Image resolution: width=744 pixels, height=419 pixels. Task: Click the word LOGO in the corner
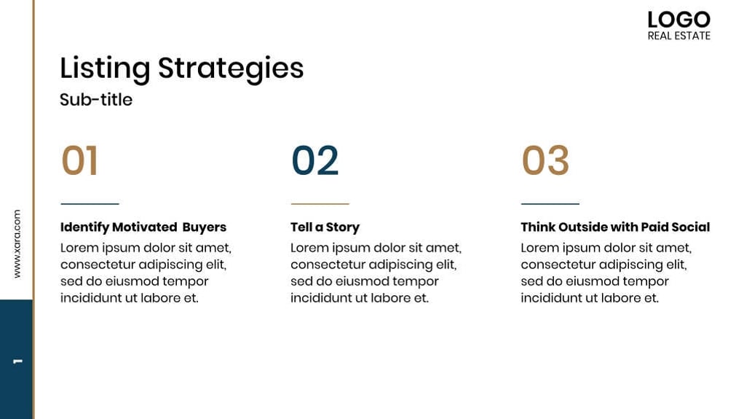(678, 20)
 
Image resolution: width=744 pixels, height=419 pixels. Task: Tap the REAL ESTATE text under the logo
(678, 36)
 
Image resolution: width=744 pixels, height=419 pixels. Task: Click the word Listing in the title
(105, 68)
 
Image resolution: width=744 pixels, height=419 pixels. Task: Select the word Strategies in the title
(231, 68)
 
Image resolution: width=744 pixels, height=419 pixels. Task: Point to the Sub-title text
(96, 100)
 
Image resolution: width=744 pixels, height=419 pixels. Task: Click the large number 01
(79, 161)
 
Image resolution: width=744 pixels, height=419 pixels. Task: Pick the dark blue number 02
(315, 161)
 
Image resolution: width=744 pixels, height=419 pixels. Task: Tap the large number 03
(545, 161)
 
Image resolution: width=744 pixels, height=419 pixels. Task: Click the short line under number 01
(90, 204)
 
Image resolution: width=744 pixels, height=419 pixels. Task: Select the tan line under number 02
(320, 204)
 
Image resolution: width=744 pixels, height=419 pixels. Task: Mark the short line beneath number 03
(550, 204)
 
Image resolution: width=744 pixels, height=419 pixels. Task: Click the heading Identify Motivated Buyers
(143, 227)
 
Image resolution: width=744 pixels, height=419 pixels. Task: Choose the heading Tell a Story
(325, 227)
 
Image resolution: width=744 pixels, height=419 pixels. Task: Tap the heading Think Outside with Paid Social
(615, 227)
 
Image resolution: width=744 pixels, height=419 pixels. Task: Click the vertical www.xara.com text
(17, 243)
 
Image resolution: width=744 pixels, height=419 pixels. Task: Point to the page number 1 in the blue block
(17, 361)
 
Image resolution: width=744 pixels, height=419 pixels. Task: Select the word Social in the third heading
(691, 227)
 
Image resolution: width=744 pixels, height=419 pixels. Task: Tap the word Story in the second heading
(343, 227)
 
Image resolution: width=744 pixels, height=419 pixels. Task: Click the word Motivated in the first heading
(144, 227)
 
